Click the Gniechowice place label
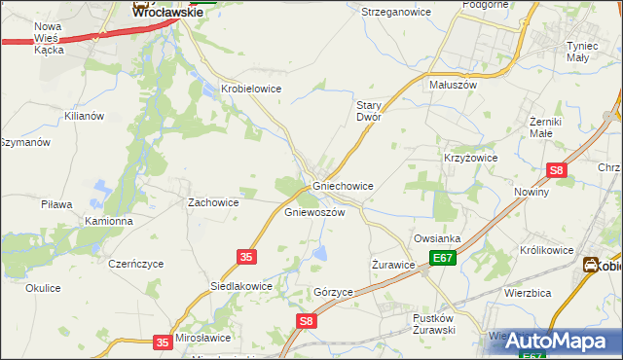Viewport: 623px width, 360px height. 343,185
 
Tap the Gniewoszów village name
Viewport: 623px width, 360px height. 314,211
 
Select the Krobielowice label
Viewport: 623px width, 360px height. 251,88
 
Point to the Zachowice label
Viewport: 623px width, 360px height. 213,202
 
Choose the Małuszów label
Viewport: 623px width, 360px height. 453,85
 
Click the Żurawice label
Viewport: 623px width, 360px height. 394,264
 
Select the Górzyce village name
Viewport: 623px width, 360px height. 333,291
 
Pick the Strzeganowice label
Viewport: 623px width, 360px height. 395,12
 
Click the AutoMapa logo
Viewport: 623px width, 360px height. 559,341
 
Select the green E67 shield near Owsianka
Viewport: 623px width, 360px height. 443,258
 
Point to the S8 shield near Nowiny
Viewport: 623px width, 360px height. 556,170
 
